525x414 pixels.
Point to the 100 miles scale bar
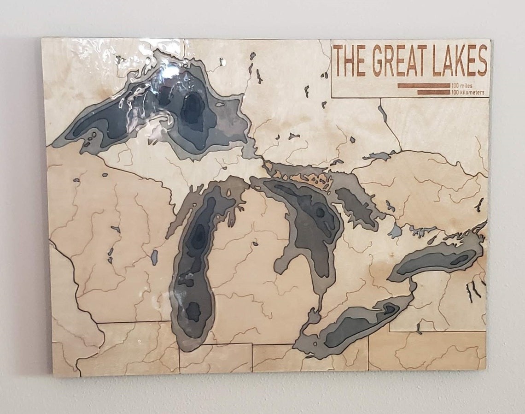pyautogui.click(x=423, y=86)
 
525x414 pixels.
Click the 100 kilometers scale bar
pyautogui.click(x=433, y=92)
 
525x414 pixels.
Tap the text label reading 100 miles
pyautogui.click(x=462, y=86)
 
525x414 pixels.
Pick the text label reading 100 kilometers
pyautogui.click(x=468, y=92)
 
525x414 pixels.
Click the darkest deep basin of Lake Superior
pyautogui.click(x=193, y=109)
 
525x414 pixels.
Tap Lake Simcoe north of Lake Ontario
pyautogui.click(x=395, y=231)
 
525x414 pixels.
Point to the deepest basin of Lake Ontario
pyautogui.click(x=459, y=260)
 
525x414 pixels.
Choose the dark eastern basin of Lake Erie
pyautogui.click(x=390, y=309)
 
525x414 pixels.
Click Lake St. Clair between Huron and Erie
pyautogui.click(x=313, y=318)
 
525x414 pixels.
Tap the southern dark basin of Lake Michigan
pyautogui.click(x=193, y=312)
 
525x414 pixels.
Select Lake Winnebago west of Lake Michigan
pyautogui.click(x=154, y=257)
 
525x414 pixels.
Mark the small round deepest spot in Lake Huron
pyautogui.click(x=320, y=212)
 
